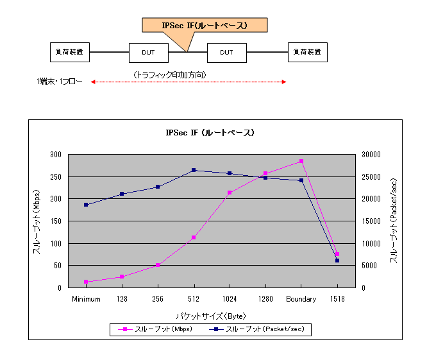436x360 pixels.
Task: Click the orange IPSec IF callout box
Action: click(x=204, y=26)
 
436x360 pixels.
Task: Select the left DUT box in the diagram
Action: click(x=149, y=53)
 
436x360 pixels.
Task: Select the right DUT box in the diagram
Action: click(x=226, y=53)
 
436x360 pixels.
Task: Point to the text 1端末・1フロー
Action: click(x=60, y=82)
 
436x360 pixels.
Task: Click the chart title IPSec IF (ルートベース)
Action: click(x=210, y=133)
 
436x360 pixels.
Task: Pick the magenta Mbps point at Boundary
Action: click(x=301, y=161)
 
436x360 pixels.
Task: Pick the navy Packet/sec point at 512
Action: click(x=194, y=170)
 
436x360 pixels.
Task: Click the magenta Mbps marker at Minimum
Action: click(x=86, y=282)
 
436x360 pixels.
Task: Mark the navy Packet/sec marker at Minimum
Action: click(x=86, y=205)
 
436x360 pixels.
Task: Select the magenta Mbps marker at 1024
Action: click(x=230, y=193)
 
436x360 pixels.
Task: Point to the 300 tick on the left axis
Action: click(x=55, y=155)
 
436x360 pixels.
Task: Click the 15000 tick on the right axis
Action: click(x=371, y=221)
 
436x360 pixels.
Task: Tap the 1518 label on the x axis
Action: click(x=337, y=299)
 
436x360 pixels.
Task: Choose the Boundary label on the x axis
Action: click(x=301, y=299)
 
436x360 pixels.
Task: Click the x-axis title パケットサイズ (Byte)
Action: click(x=211, y=316)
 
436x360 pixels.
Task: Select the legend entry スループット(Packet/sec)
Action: click(x=259, y=329)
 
